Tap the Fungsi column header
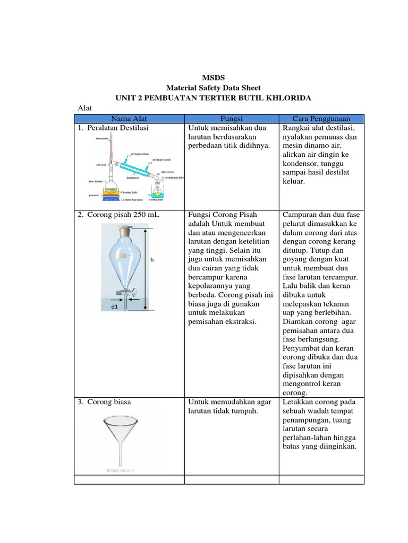point(231,119)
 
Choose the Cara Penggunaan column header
point(321,119)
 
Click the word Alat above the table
point(85,108)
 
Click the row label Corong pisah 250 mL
point(120,215)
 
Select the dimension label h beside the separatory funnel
point(151,260)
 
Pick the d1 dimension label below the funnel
point(115,307)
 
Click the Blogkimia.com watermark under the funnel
point(120,470)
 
